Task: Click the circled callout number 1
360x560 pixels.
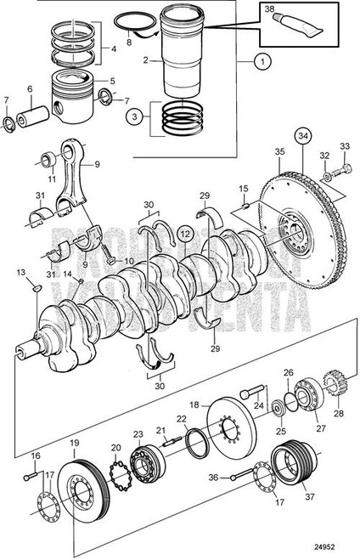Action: [x=262, y=63]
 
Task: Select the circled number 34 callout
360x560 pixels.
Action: [x=303, y=133]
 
